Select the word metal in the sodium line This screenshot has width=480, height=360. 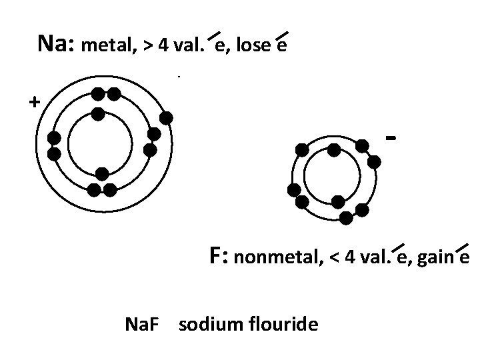click(107, 47)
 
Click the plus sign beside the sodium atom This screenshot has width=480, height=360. click(33, 102)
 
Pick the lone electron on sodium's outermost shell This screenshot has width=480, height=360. click(166, 118)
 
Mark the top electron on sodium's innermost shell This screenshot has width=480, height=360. click(98, 114)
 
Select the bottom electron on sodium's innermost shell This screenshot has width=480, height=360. click(101, 173)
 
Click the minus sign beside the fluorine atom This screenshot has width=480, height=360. click(392, 138)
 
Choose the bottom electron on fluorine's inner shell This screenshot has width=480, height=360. click(338, 201)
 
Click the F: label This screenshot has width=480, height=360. click(219, 255)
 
